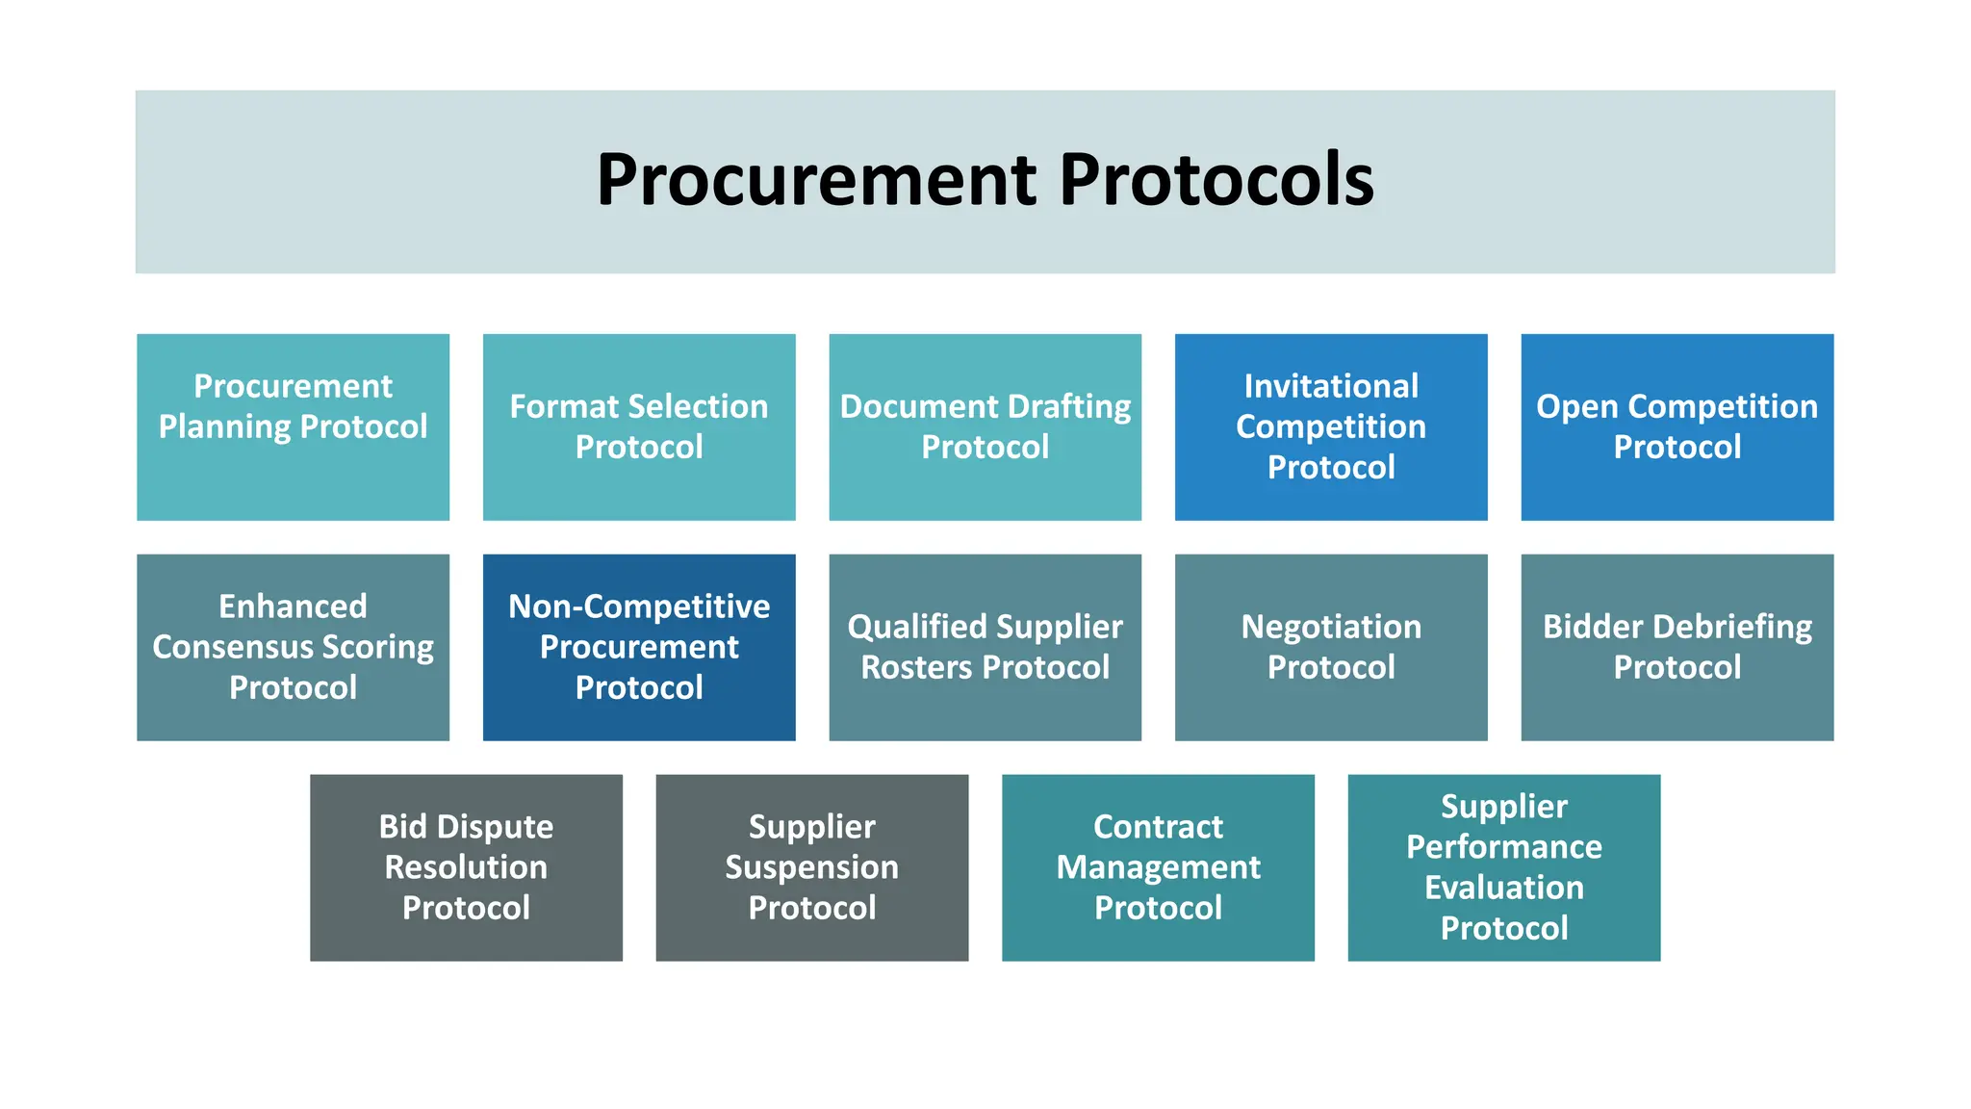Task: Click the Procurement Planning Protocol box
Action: pos(293,427)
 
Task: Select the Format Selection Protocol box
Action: pos(639,427)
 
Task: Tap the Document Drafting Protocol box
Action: pos(985,427)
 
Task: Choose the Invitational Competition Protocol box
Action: pos(1331,427)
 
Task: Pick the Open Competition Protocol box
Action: pos(1677,427)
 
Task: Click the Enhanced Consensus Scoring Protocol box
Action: pos(293,647)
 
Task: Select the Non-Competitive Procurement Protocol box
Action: pos(639,647)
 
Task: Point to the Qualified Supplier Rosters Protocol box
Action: pos(985,647)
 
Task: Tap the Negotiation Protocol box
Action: pos(1331,647)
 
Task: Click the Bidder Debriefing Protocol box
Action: pos(1677,647)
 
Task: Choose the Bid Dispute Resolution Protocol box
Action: pos(466,867)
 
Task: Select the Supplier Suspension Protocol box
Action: pos(811,867)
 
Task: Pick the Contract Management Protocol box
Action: pos(1158,867)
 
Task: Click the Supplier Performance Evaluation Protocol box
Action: pos(1503,867)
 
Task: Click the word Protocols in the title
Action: pos(1216,180)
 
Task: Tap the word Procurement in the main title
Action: pos(816,180)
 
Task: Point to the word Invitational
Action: pos(1331,386)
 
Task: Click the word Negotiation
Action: pos(1331,627)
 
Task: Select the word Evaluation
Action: pos(1503,888)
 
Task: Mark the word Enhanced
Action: pos(293,606)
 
